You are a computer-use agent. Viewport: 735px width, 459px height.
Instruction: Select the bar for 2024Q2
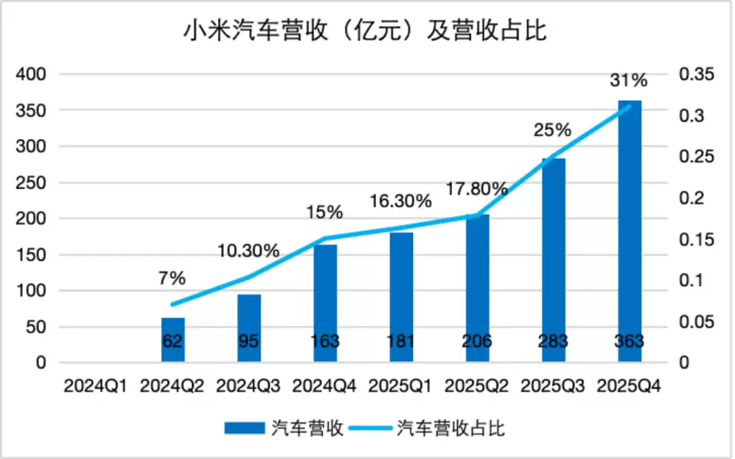(173, 340)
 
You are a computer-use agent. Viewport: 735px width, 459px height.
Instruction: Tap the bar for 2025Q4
(630, 232)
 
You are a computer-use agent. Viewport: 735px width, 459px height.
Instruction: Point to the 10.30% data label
(248, 251)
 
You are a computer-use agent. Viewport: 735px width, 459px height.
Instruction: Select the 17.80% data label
(476, 189)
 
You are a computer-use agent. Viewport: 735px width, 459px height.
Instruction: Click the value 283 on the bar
(553, 341)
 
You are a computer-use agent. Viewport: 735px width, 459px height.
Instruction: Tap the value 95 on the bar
(249, 341)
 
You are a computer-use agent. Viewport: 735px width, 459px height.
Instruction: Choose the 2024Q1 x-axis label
(96, 385)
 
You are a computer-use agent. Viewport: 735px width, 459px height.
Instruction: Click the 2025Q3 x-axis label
(553, 385)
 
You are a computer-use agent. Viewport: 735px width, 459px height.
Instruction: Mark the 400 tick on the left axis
(32, 74)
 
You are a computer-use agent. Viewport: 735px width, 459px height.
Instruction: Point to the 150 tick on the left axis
(32, 255)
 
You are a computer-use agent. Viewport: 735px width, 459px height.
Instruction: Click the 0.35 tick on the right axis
(697, 74)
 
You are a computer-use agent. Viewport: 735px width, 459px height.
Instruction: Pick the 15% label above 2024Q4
(325, 212)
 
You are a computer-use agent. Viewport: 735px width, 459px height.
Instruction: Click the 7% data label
(173, 278)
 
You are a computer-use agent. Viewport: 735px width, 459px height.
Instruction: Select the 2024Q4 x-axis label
(325, 385)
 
